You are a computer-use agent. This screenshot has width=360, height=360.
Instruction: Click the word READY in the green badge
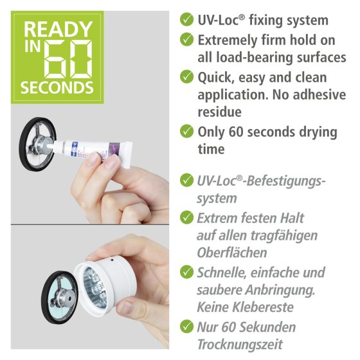point(58,29)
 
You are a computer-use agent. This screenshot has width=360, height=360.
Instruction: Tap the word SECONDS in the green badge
point(57,87)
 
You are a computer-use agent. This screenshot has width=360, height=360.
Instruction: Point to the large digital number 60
point(68,59)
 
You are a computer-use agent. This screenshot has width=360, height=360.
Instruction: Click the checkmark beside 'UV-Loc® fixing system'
point(186,19)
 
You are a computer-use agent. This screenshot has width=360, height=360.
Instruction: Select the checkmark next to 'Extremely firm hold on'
point(186,39)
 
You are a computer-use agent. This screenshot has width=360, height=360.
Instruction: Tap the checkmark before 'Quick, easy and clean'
point(186,76)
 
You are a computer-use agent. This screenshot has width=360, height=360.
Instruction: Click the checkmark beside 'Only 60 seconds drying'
point(186,131)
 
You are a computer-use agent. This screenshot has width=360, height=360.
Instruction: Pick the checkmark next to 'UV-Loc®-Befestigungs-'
point(186,180)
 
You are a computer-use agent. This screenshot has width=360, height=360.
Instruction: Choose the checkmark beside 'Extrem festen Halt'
point(186,217)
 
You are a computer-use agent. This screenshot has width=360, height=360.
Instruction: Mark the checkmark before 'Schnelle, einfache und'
point(186,272)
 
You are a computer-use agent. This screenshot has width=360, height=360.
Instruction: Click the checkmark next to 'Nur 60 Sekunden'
point(186,327)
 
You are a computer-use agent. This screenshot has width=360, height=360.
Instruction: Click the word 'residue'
point(219,113)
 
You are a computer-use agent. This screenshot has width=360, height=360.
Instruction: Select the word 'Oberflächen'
point(232,253)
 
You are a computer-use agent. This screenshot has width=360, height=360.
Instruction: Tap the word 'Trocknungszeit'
point(240,345)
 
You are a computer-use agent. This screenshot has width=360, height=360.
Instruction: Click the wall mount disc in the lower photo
point(60,297)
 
